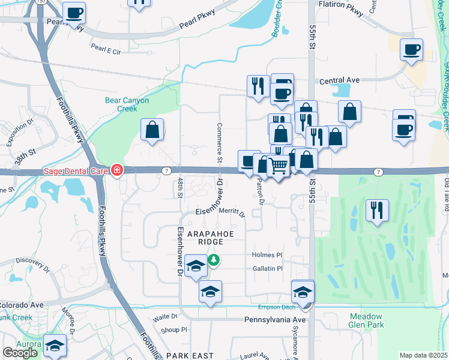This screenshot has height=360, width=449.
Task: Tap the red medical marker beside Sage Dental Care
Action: pyautogui.click(x=115, y=171)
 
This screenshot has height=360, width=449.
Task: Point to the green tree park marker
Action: pyautogui.click(x=214, y=260)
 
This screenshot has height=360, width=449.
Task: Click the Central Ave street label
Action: pyautogui.click(x=339, y=80)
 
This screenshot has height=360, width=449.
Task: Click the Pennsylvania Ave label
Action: pyautogui.click(x=276, y=320)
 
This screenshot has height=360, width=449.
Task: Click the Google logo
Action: pyautogui.click(x=20, y=353)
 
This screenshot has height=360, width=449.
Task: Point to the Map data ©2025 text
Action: pyautogui.click(x=423, y=355)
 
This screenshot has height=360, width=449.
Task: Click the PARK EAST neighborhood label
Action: pyautogui.click(x=190, y=355)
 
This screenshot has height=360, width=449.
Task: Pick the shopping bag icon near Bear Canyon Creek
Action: pyautogui.click(x=152, y=130)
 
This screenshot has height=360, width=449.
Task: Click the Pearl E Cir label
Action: pyautogui.click(x=105, y=52)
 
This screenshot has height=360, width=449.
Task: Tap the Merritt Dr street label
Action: pyautogui.click(x=232, y=212)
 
